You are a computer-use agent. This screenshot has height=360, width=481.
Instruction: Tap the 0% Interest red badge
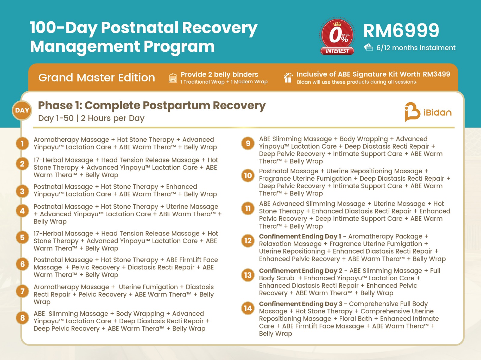(x=337, y=36)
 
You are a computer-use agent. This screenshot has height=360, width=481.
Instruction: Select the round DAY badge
(x=22, y=110)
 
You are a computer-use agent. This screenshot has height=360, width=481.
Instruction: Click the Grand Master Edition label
(x=97, y=78)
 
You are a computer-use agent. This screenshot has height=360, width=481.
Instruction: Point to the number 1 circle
(x=22, y=143)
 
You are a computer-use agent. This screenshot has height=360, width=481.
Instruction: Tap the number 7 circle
(x=22, y=291)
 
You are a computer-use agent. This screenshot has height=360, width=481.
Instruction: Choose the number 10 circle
(x=248, y=175)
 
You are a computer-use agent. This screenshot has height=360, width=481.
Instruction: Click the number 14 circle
(x=248, y=308)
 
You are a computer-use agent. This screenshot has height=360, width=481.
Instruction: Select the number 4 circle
(x=22, y=211)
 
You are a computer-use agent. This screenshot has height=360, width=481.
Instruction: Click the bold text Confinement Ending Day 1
(x=300, y=236)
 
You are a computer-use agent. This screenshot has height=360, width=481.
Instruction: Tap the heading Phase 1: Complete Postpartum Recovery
(x=152, y=106)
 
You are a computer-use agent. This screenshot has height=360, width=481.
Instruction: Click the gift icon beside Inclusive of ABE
(x=288, y=78)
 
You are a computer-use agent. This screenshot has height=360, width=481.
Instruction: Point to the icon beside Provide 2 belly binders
(x=173, y=78)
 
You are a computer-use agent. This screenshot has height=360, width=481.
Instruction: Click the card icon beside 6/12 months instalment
(x=368, y=48)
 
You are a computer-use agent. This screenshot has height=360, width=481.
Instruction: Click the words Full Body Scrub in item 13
(x=277, y=278)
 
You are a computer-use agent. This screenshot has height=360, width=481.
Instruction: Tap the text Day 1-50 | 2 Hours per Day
(x=91, y=118)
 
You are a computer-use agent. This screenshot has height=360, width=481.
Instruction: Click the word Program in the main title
(x=179, y=47)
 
